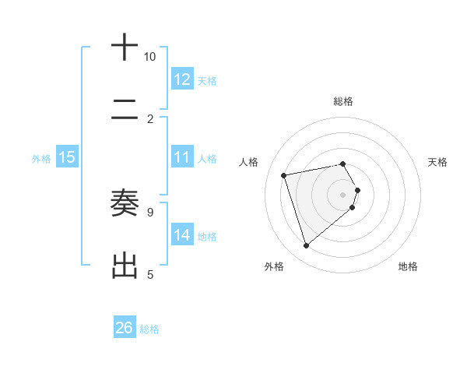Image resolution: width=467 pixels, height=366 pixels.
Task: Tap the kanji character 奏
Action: (125, 203)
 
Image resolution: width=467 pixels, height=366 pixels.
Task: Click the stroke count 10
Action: (150, 57)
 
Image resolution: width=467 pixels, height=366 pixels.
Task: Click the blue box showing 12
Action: (181, 79)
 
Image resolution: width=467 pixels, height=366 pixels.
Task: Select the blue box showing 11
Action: (181, 157)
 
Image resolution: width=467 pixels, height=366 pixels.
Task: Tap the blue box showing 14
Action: (181, 235)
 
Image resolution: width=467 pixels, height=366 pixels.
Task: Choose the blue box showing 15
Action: (67, 157)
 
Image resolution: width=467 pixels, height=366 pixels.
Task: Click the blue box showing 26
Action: (125, 328)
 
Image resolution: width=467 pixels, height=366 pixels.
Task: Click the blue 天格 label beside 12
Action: (207, 80)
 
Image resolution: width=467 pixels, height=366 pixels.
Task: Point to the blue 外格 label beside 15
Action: (41, 158)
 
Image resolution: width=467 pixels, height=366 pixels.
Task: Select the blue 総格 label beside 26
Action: (149, 329)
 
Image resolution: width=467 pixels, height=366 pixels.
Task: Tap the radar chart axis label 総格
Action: (343, 101)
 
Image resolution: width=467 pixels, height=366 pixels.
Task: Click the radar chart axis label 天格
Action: (438, 162)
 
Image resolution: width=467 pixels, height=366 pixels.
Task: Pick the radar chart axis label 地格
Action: (408, 266)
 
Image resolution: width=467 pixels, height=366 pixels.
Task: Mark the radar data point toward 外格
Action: (306, 246)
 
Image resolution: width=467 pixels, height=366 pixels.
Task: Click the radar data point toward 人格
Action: (284, 174)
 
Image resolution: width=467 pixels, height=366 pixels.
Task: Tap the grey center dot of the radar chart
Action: (343, 194)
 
